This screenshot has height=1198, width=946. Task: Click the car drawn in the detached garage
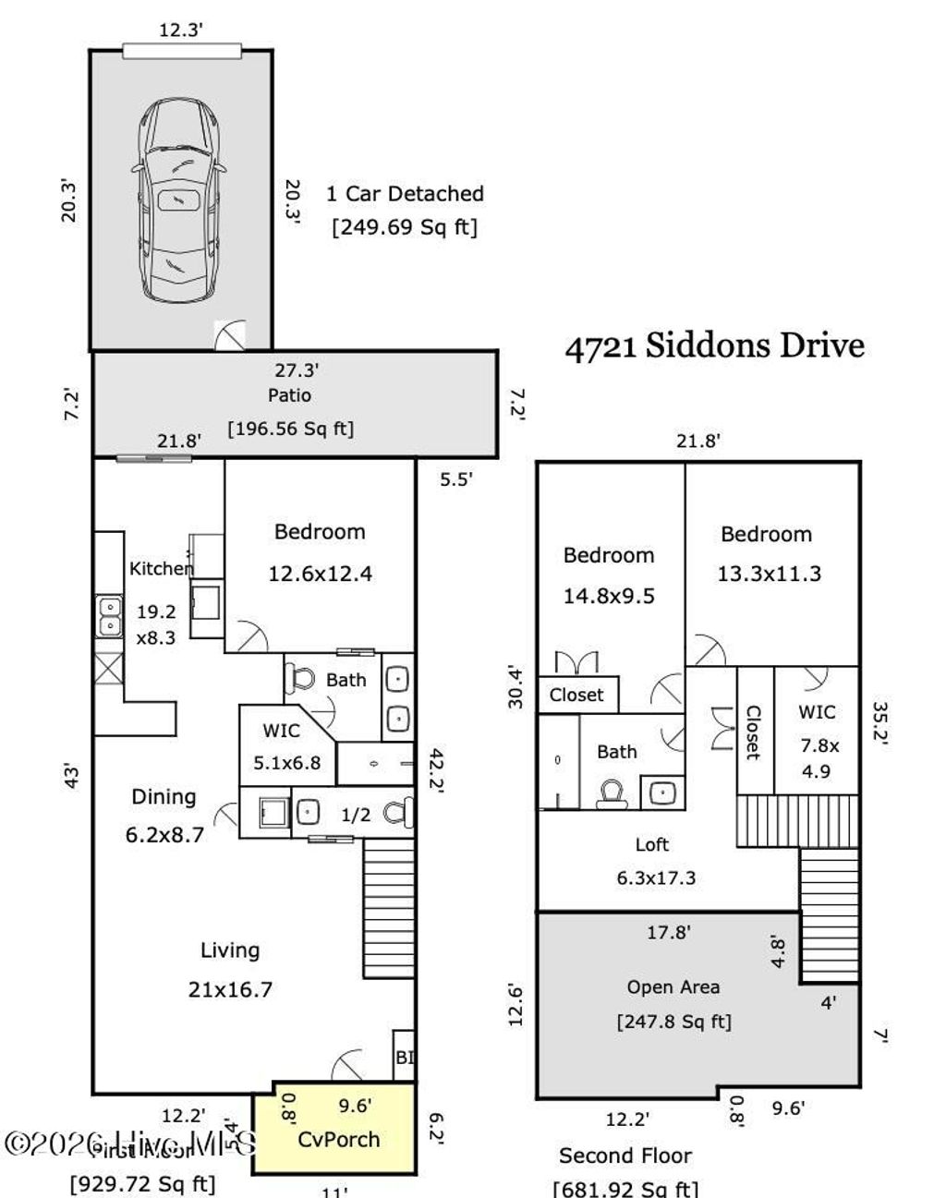[x=179, y=200]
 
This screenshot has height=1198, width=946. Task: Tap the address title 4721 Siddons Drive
[x=714, y=345]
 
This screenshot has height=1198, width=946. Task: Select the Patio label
[x=290, y=395]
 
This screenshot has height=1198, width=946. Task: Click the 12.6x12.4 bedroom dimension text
[x=320, y=574]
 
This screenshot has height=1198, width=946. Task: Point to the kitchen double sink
[x=109, y=617]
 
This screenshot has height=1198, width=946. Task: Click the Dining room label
[x=164, y=796]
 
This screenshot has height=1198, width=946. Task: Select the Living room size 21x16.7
[x=230, y=989]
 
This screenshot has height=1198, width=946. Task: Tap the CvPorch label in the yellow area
[x=339, y=1139]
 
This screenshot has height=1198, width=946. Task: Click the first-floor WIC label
[x=281, y=731]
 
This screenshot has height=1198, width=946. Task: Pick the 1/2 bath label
[x=356, y=815]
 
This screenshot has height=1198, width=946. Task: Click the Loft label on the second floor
[x=652, y=844]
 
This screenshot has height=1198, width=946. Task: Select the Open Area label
[x=673, y=986]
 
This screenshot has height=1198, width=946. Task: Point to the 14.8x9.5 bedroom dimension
[x=609, y=596]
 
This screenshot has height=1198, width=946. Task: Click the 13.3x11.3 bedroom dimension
[x=769, y=574]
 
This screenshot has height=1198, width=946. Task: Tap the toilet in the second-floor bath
[x=612, y=793]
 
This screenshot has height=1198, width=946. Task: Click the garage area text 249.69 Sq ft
[x=405, y=227]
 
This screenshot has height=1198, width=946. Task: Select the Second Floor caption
[x=625, y=1156]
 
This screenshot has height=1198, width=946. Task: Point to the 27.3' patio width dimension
[x=296, y=370]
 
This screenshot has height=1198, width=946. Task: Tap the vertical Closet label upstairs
[x=753, y=732]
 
